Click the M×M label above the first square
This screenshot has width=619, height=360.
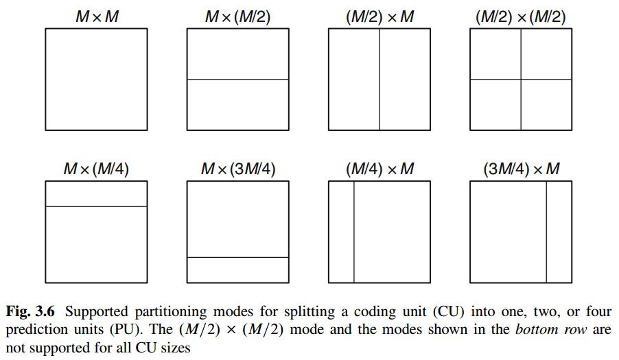point(96,15)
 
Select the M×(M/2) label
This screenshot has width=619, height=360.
point(237,15)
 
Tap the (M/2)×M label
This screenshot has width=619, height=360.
point(379,15)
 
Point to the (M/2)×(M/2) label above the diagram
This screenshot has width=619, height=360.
point(521,15)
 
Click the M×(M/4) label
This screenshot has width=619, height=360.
point(96,168)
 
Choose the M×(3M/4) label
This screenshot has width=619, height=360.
point(237,168)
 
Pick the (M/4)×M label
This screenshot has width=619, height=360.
point(379,168)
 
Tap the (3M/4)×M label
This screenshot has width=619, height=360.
point(521,168)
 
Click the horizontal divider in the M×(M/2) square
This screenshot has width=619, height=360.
point(237,80)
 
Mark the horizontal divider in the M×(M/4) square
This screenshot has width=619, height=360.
point(96,206)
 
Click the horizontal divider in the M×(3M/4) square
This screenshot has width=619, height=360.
point(237,257)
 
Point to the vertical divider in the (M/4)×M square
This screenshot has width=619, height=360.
point(354,232)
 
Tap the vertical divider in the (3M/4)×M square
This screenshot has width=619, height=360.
point(546,232)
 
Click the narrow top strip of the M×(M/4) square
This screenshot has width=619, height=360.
point(96,194)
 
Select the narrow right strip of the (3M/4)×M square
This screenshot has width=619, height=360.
point(559,232)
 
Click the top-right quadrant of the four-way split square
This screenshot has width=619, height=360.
point(546,54)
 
